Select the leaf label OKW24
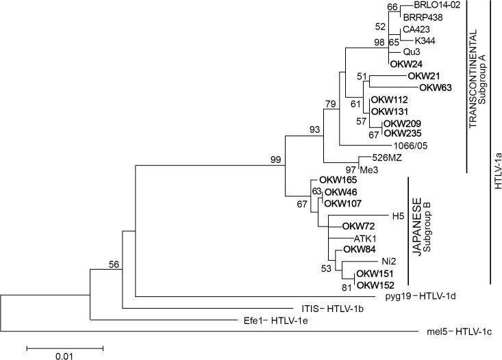click(x=405, y=64)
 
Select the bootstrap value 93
click(x=314, y=129)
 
